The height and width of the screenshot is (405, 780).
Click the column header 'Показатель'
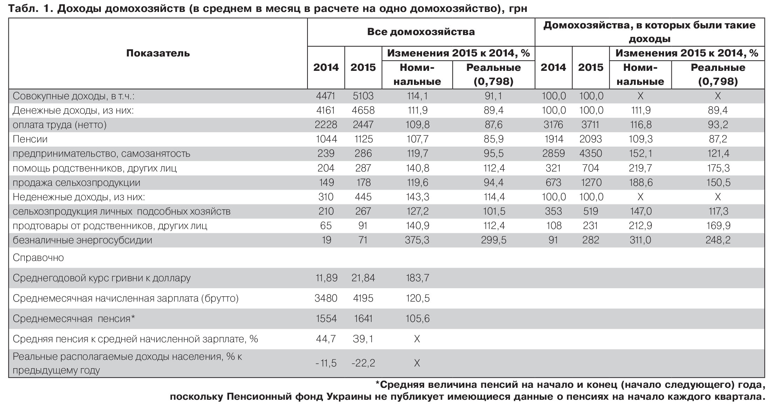point(158,53)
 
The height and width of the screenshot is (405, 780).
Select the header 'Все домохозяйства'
point(421,32)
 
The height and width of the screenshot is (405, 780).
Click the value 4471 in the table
point(326,96)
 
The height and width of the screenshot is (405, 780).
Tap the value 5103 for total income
point(363,96)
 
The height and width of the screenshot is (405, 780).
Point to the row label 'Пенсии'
point(30,139)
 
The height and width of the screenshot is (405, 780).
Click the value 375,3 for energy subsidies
point(417,240)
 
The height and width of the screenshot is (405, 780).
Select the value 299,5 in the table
point(493,240)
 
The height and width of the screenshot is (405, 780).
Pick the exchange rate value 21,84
point(363,278)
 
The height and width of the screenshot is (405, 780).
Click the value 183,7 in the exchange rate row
point(417,278)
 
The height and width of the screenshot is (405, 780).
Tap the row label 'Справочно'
point(38,258)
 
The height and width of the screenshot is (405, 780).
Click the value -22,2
point(363,363)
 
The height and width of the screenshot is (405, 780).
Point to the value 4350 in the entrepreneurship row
point(591,154)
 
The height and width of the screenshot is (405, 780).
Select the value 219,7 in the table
point(640,168)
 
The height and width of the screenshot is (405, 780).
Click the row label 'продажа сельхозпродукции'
point(76,183)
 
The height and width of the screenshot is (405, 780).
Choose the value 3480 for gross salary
point(326,298)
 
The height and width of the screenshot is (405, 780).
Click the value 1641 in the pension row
point(363,319)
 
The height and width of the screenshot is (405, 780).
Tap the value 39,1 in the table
point(363,339)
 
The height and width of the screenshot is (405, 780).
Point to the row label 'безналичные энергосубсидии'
point(82,240)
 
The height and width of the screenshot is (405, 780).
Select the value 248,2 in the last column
point(718,240)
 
